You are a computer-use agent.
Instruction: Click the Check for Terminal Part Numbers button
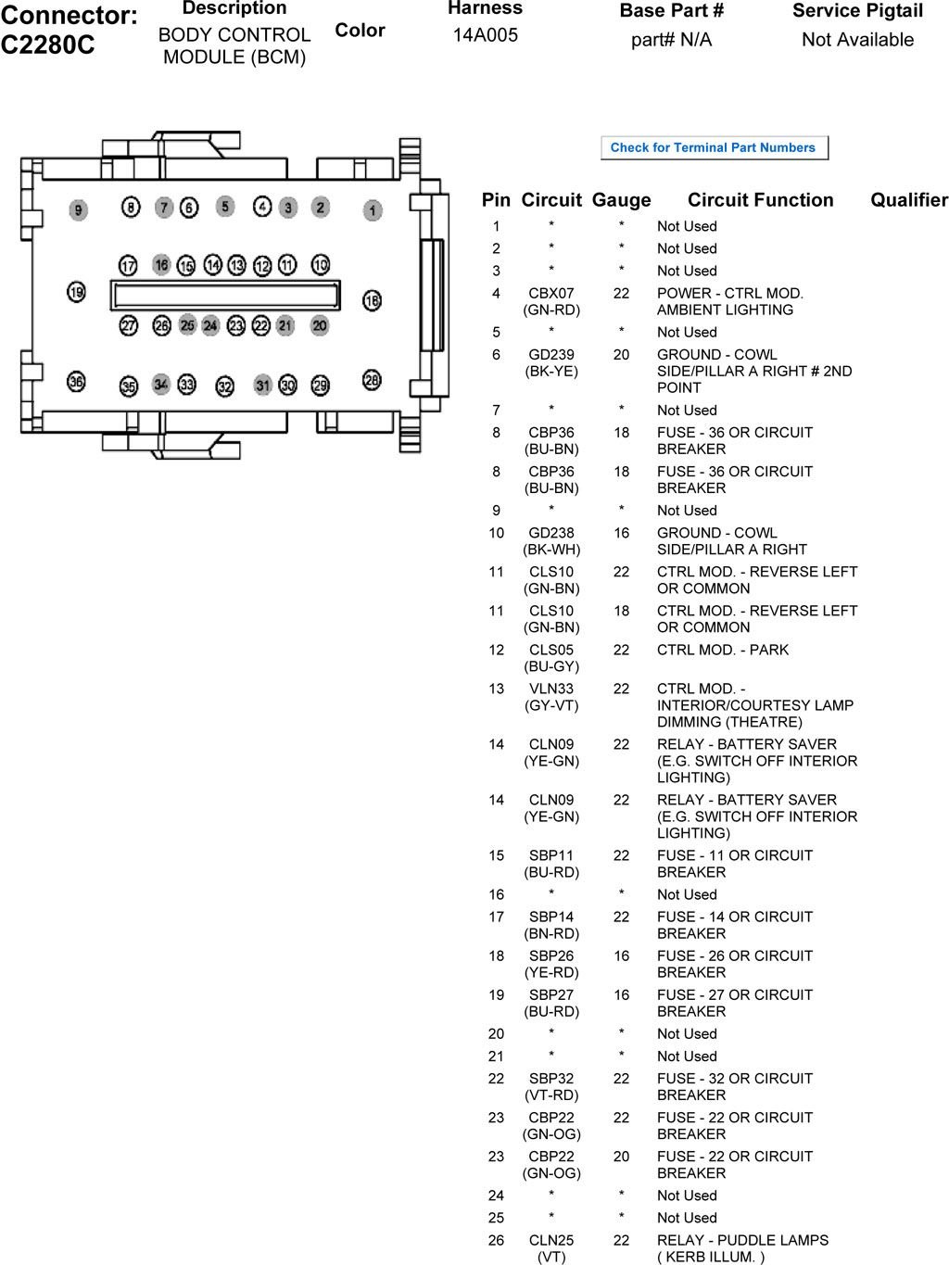click(x=713, y=148)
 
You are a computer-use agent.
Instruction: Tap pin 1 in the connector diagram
click(x=373, y=211)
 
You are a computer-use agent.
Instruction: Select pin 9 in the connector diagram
click(x=79, y=210)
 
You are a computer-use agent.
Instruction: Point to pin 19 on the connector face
click(x=76, y=293)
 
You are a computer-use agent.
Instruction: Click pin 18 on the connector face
click(x=372, y=300)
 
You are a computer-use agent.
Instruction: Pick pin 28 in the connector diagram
click(x=372, y=380)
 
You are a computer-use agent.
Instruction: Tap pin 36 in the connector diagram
click(x=76, y=381)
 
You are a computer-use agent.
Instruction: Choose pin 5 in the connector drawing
click(x=225, y=206)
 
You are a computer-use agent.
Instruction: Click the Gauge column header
click(x=621, y=200)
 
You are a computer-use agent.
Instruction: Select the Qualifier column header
click(x=909, y=200)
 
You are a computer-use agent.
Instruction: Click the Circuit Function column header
click(x=760, y=200)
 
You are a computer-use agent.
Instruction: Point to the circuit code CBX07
click(x=551, y=294)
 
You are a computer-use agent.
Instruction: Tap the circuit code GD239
click(x=551, y=355)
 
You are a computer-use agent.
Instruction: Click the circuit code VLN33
click(x=551, y=689)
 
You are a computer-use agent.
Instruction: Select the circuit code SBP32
click(x=551, y=1079)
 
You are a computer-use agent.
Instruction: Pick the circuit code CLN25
click(x=551, y=1240)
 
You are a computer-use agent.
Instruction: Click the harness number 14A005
click(x=485, y=35)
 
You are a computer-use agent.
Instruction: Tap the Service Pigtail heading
click(x=857, y=11)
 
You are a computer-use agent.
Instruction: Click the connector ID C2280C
click(x=48, y=45)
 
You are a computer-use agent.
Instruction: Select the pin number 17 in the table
click(x=496, y=917)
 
